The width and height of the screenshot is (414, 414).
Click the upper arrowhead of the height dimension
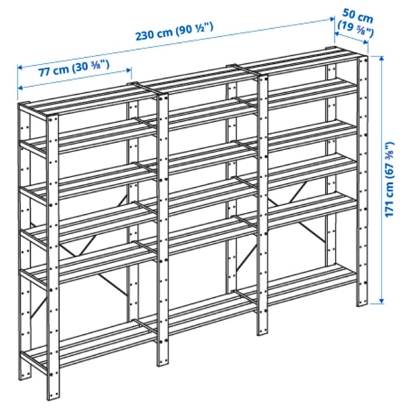(x=381, y=58)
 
